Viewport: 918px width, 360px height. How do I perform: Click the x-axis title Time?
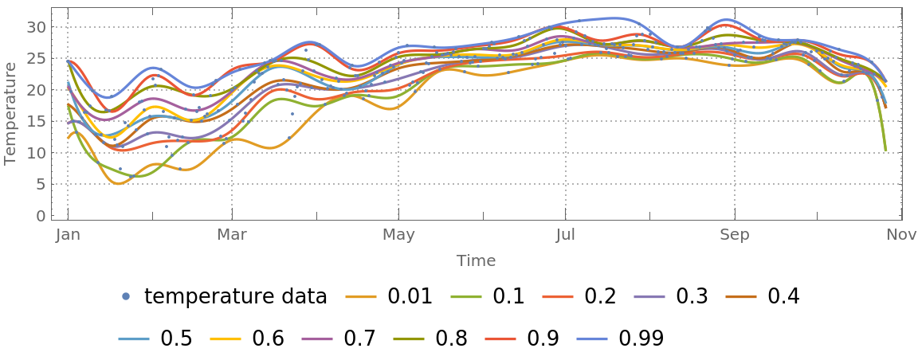tap(476, 260)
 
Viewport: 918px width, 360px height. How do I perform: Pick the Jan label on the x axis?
tap(68, 234)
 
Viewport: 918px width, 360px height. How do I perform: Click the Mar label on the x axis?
tap(232, 234)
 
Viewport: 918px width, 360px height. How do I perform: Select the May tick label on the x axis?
tap(398, 234)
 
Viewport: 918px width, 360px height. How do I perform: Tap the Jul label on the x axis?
tap(565, 234)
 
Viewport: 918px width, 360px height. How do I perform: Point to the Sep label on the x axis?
tap(734, 234)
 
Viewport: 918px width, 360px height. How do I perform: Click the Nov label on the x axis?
tap(901, 234)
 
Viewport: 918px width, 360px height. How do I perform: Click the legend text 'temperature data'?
tap(235, 297)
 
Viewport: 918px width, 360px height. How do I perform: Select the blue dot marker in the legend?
tap(125, 297)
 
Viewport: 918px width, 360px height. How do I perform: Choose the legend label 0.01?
tap(410, 297)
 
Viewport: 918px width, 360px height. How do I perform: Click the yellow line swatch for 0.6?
tap(226, 338)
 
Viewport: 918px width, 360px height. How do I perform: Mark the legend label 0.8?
tap(457, 338)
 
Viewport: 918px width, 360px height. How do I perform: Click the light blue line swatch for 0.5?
tap(134, 338)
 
